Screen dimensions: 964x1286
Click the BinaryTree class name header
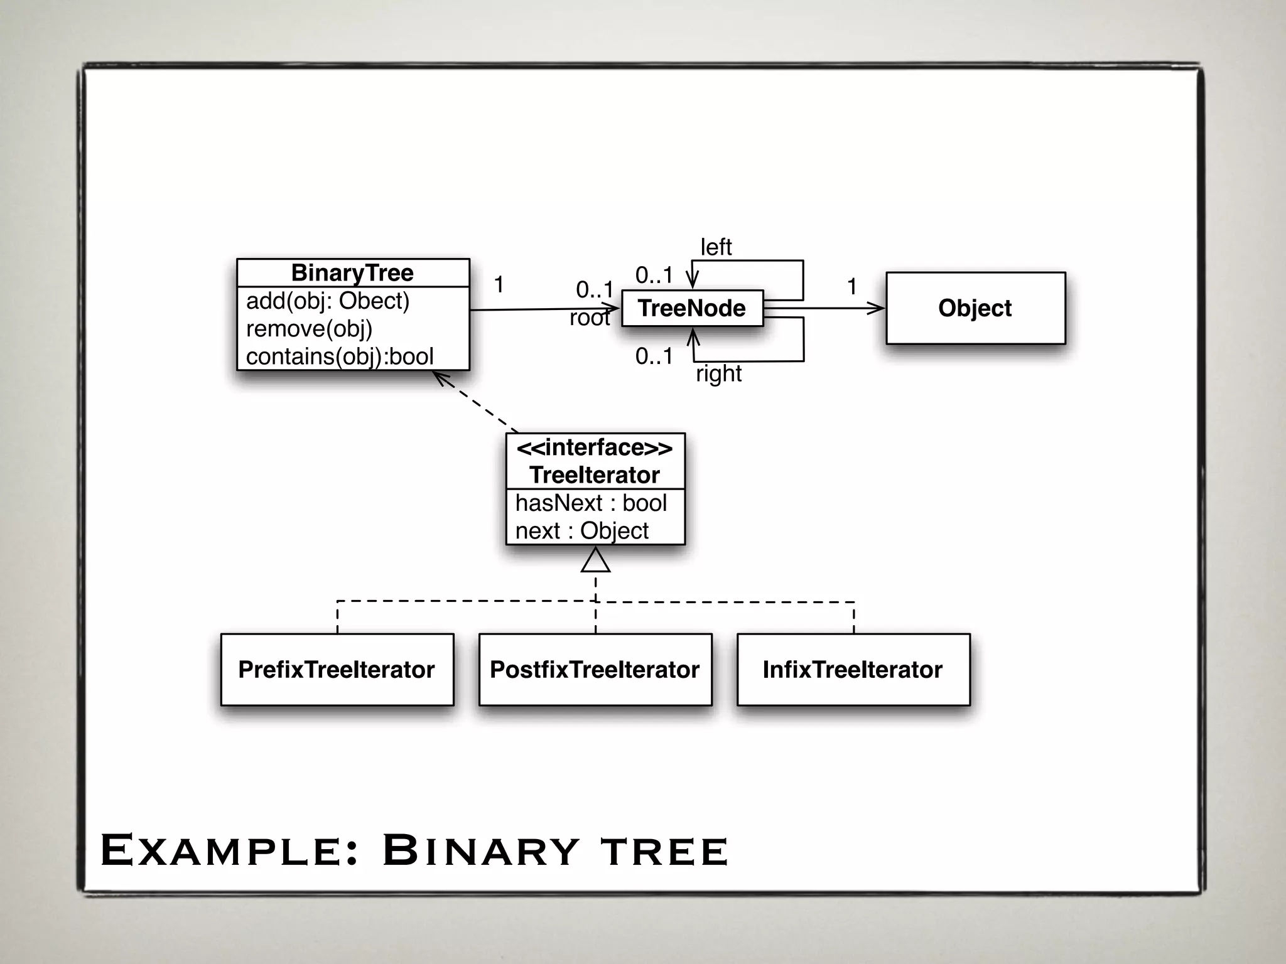pos(352,273)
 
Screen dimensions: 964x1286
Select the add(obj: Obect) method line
pos(327,301)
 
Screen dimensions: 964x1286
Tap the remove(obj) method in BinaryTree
pos(309,329)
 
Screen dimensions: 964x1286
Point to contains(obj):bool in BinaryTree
pos(339,356)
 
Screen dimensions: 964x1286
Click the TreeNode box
pos(692,308)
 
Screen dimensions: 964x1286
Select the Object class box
pos(975,308)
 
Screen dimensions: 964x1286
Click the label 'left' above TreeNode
pos(716,247)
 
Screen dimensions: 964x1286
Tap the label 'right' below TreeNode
pos(718,374)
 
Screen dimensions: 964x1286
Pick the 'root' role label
pos(589,318)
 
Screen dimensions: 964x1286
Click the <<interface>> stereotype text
pos(594,447)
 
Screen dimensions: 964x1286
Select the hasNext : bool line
pos(590,503)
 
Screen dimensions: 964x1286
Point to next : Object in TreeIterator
pos(581,531)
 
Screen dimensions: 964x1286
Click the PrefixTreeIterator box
pos(337,670)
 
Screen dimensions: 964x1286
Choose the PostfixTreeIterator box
pos(595,670)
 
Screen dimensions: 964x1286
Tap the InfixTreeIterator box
pos(853,670)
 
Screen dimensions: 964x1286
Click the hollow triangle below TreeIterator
pos(595,560)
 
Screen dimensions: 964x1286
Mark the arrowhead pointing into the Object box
pos(877,308)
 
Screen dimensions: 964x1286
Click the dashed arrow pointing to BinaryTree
pos(476,402)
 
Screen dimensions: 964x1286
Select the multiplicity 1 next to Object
pos(851,287)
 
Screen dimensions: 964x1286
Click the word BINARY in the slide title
pos(480,851)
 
